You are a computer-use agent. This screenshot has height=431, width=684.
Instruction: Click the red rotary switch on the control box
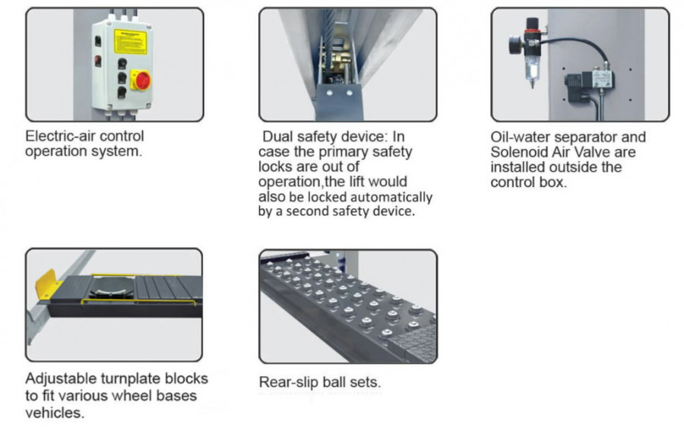pos(141,81)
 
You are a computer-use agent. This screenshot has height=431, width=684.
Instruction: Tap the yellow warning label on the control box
pos(131,42)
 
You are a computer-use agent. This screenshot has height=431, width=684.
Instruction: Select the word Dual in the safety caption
pos(277,137)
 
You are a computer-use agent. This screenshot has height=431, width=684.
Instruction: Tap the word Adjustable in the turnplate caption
pos(61,379)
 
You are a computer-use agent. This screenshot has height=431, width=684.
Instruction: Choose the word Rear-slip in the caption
pos(287,382)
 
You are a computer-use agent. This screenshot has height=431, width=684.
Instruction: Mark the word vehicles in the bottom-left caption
pos(55,412)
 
